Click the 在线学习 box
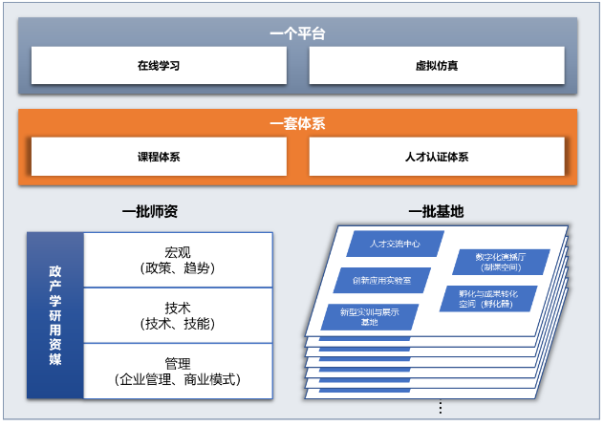[x=159, y=66]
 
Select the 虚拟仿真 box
[x=437, y=66]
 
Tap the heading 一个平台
[x=297, y=33]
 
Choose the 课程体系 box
[x=159, y=157]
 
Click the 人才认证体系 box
[x=437, y=157]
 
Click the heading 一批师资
[x=150, y=211]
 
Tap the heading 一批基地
[x=436, y=211]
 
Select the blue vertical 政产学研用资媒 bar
[x=55, y=315]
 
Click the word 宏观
[x=178, y=253]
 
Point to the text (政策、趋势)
[x=178, y=268]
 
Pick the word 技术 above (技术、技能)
[x=178, y=309]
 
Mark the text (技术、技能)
[x=178, y=324]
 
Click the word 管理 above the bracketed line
[x=178, y=364]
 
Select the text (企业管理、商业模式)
[x=178, y=379]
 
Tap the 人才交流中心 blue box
[x=395, y=244]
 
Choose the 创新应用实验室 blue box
[x=381, y=280]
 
